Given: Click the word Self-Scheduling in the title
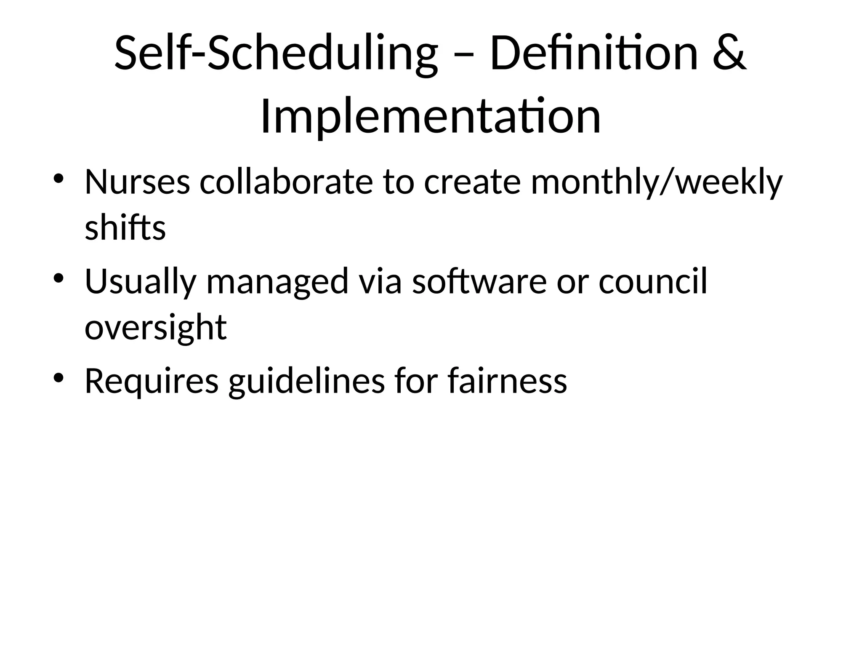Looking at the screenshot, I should point(276,54).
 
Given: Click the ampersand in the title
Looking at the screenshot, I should point(730,54).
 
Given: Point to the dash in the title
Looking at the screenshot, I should point(463,57).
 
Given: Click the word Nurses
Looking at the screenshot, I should point(137,182).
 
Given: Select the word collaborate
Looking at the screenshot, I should point(286,182).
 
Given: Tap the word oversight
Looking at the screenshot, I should point(155,329).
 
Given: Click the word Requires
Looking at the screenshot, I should point(152,382).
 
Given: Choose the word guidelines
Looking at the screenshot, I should point(306,382).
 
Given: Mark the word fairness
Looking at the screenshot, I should point(507,381).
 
